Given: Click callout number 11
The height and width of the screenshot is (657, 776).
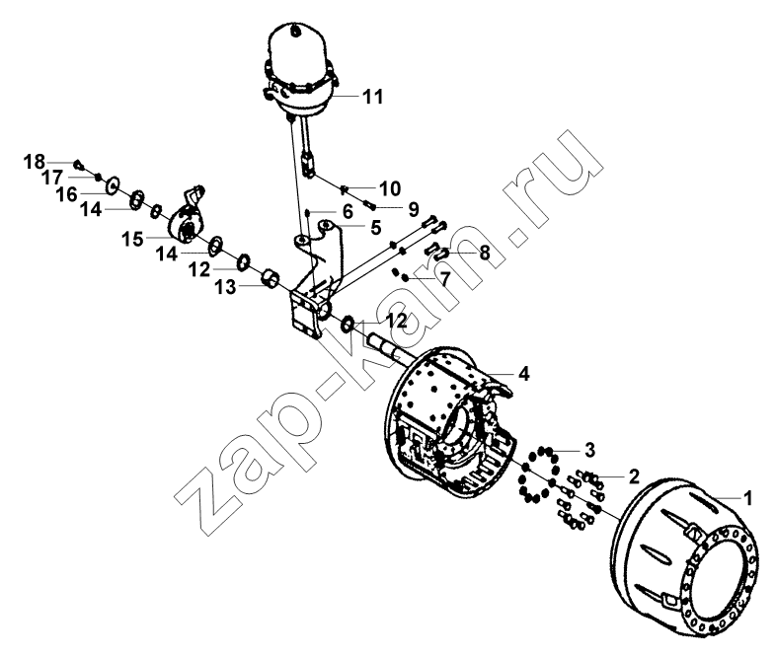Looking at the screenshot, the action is coord(373,97).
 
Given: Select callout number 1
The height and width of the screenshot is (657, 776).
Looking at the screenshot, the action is coord(748,498).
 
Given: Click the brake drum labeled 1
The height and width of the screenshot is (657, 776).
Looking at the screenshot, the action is coord(685,556).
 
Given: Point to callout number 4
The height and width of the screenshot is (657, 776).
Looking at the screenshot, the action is coord(523,374).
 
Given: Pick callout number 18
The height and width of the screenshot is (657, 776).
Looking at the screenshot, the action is coord(35,162).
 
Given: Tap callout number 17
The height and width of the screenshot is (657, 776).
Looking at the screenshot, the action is coord(52,178).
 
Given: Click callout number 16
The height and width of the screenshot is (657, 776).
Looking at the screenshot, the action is coord(67,194).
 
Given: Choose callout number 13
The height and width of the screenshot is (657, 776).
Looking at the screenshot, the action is coord(225,287).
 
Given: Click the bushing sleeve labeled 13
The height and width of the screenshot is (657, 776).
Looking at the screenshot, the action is coord(270,279).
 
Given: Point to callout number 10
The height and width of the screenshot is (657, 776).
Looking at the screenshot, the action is coord(390,188).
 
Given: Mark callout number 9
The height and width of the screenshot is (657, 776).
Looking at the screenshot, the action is coord(414,209).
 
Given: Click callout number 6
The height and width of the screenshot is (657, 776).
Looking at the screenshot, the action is coord(348,211).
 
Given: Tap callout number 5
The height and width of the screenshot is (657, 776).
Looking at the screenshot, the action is coord(375,228).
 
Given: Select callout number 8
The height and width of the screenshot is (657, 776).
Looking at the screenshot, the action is coord(485,254).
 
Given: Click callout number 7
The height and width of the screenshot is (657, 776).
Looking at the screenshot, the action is coord(445,279).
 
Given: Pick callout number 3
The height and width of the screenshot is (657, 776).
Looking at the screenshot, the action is coord(589,451).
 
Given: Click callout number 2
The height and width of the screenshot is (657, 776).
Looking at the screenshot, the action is coord(634,476).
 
